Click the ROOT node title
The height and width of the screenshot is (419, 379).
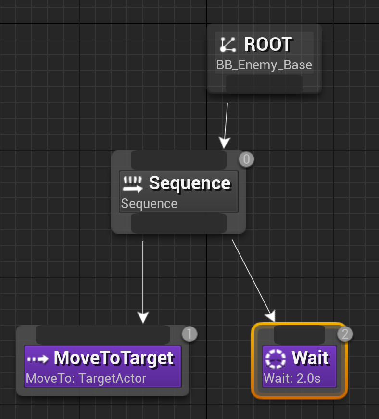pyautogui.click(x=268, y=44)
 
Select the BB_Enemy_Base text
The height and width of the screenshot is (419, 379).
pyautogui.click(x=264, y=65)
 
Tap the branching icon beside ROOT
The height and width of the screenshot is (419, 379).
pyautogui.click(x=227, y=44)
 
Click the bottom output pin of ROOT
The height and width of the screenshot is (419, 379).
pyautogui.click(x=264, y=84)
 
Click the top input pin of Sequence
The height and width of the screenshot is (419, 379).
pyautogui.click(x=178, y=160)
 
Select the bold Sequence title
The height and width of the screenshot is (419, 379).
pyautogui.click(x=189, y=183)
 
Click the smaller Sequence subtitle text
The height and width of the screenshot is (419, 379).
pyautogui.click(x=149, y=204)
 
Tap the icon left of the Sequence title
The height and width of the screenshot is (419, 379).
pyautogui.click(x=133, y=183)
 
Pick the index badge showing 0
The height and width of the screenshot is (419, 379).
pyautogui.click(x=246, y=159)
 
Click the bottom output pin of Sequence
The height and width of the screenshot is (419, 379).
pyautogui.click(x=178, y=223)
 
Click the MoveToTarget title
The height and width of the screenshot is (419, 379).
pyautogui.click(x=114, y=358)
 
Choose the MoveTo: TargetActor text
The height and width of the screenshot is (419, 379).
pyautogui.click(x=86, y=379)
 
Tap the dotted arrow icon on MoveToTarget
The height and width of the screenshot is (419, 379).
pyautogui.click(x=38, y=359)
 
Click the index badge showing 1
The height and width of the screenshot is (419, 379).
pyautogui.click(x=189, y=334)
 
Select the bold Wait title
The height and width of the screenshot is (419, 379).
pyautogui.click(x=310, y=358)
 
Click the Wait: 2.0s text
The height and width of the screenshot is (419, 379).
pyautogui.click(x=292, y=379)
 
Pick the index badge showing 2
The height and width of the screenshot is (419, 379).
pyautogui.click(x=344, y=334)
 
